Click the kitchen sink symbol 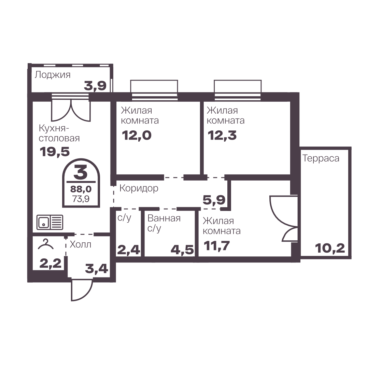click(49, 222)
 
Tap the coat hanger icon click(46, 244)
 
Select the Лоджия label click(53, 75)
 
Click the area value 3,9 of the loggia click(95, 86)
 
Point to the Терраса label click(321, 158)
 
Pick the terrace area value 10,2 click(330, 248)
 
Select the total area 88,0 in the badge click(81, 189)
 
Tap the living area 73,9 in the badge click(81, 199)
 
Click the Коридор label click(139, 188)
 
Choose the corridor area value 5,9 click(214, 200)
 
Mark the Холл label click(81, 244)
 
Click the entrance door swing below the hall click(82, 290)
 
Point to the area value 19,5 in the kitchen click(55, 152)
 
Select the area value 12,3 click(222, 136)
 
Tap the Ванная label click(164, 218)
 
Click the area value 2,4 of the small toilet click(128, 250)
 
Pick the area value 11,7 click(217, 246)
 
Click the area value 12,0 click(137, 136)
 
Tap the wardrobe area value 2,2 click(51, 263)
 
